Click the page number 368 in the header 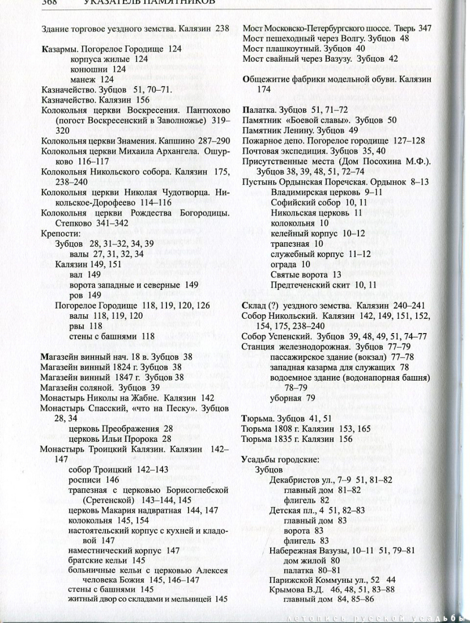coord(49,3)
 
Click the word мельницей coord(190,599)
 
